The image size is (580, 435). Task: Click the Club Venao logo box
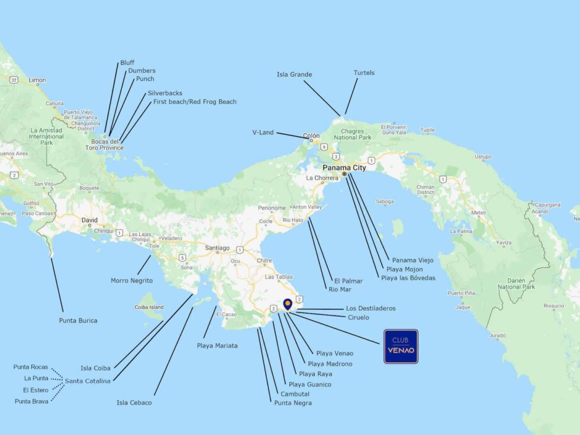[x=401, y=346]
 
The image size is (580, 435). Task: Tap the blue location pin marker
[x=288, y=304]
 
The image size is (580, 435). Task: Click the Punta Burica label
[x=78, y=320]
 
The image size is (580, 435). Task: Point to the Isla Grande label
[x=294, y=75]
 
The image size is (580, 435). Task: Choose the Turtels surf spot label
[x=364, y=73]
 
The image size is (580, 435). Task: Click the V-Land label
[x=263, y=133]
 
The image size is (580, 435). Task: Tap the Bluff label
[x=127, y=62]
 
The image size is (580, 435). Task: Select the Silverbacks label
[x=165, y=93]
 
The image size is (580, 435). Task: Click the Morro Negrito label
[x=131, y=280]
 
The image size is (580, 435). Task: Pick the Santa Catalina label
[x=88, y=381]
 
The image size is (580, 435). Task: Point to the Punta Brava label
[x=31, y=401]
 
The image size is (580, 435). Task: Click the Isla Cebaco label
[x=134, y=402]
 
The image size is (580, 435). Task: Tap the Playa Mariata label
[x=217, y=345]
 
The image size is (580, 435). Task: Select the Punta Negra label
[x=292, y=403]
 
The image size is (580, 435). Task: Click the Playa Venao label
[x=334, y=353]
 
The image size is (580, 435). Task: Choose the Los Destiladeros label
[x=370, y=308]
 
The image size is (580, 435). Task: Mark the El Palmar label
[x=348, y=281]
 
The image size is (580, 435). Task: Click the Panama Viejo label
[x=413, y=260]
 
